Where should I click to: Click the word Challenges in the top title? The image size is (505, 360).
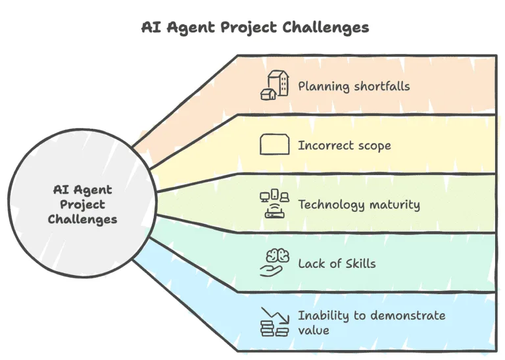(325, 28)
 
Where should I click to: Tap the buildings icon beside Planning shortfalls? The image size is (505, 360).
(274, 85)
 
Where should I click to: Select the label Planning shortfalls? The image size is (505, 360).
(354, 87)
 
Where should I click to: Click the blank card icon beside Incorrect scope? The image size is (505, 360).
(274, 144)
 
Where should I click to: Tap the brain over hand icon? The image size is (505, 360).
(274, 263)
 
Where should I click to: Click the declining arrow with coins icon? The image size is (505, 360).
(274, 322)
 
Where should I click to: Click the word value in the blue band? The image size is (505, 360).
(314, 330)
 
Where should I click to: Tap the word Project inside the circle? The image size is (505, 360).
(82, 205)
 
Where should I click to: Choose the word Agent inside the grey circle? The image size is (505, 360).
(93, 190)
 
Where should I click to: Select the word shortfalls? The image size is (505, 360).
(382, 86)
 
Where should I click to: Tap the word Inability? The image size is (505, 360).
(324, 316)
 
